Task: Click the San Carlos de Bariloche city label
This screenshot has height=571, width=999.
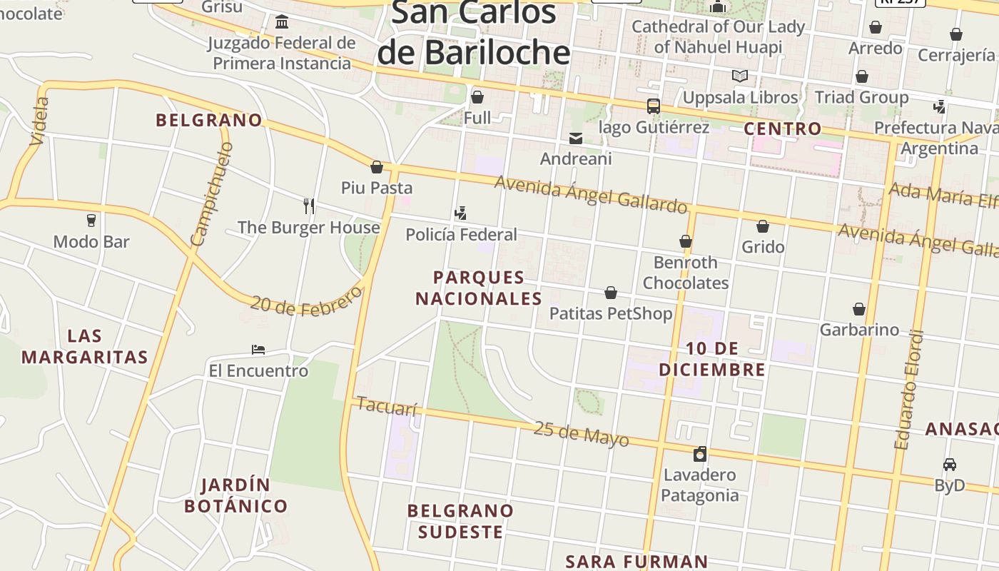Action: coord(474,34)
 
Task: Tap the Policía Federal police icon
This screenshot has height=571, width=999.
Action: coord(461,213)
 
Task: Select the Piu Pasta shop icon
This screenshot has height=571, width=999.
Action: coord(377,167)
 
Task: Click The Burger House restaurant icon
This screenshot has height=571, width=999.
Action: coord(309,206)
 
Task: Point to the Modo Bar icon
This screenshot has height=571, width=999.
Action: coord(91,220)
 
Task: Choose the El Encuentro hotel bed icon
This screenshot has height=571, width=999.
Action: coord(258,350)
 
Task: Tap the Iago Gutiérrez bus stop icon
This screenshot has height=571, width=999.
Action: coord(653,106)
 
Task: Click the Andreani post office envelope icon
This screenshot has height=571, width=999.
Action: coord(576,138)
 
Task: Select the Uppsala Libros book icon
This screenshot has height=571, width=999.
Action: coord(740,76)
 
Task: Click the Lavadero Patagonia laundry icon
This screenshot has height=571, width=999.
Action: coord(700,454)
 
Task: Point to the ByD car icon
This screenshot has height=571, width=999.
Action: coord(949,465)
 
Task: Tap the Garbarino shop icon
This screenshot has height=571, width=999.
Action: coord(859,309)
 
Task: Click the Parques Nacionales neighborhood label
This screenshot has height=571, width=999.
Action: coord(479,288)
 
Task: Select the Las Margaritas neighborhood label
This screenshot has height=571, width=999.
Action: coord(85,346)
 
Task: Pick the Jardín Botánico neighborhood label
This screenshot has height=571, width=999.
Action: coord(236,495)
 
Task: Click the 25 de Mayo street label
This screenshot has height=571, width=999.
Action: coord(582,433)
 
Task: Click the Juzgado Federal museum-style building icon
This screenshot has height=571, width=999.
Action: coord(282,21)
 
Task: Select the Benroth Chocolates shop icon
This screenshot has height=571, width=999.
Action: coord(686,241)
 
